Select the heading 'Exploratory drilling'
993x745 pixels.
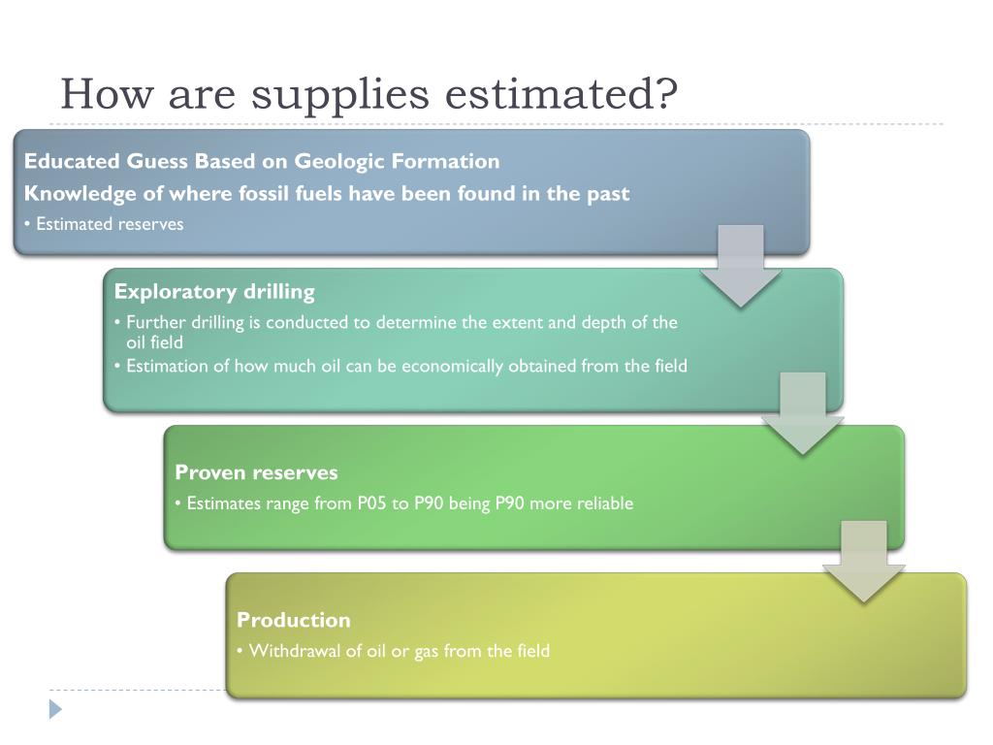click(x=214, y=291)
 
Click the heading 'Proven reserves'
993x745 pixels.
click(x=256, y=472)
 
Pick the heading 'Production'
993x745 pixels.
click(x=293, y=620)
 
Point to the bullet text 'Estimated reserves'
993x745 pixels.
click(x=110, y=224)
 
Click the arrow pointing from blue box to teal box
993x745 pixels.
click(x=740, y=267)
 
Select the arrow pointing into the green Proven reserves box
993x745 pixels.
click(x=802, y=413)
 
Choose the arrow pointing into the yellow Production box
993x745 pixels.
click(x=864, y=562)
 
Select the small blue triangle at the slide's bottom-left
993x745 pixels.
click(x=55, y=709)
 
